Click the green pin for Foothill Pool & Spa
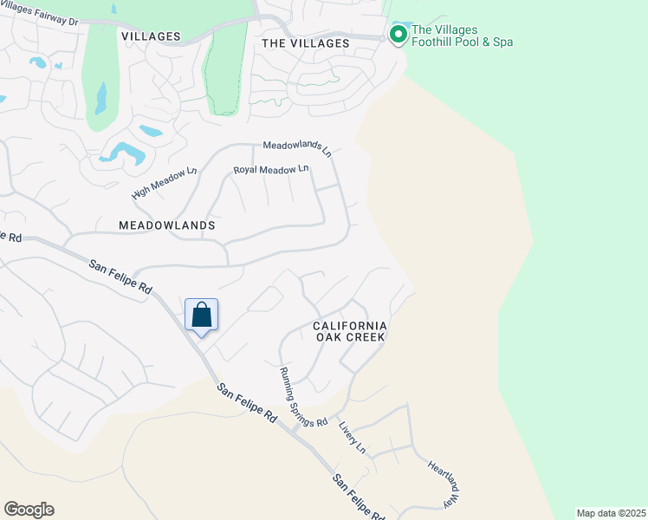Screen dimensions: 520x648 pyautogui.click(x=399, y=35)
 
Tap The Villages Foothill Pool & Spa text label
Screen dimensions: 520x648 pyautogui.click(x=462, y=36)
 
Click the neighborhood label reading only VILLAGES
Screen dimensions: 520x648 pyautogui.click(x=151, y=36)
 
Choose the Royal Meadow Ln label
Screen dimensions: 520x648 pyautogui.click(x=271, y=169)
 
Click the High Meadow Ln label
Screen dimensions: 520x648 pyautogui.click(x=164, y=182)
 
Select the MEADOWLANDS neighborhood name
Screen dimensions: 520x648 pyautogui.click(x=167, y=224)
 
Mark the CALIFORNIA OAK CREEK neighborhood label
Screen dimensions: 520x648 pyautogui.click(x=349, y=331)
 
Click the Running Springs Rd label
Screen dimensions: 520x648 pyautogui.click(x=302, y=397)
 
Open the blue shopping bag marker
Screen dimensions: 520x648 pyautogui.click(x=201, y=315)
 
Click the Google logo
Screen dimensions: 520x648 pyautogui.click(x=29, y=510)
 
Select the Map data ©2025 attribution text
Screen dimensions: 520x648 pyautogui.click(x=611, y=513)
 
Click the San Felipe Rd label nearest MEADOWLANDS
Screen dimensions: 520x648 pyautogui.click(x=120, y=276)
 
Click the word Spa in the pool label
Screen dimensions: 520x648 pyautogui.click(x=502, y=42)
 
